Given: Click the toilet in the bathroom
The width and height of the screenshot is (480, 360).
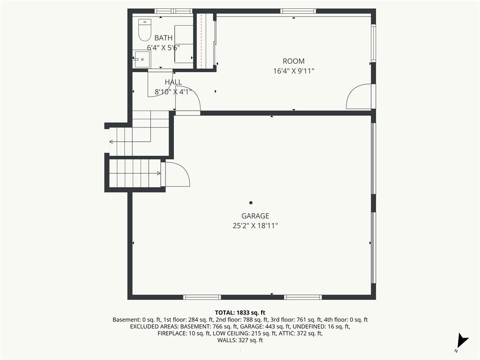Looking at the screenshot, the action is (145, 30).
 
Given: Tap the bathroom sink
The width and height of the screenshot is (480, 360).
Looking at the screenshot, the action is (142, 60).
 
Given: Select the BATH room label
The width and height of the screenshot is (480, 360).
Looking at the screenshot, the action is (164, 38).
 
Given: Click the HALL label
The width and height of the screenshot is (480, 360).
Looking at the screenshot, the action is (173, 82).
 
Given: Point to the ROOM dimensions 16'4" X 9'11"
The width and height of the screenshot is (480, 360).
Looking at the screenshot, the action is (293, 71).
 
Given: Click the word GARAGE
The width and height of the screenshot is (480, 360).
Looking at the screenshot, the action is (255, 216).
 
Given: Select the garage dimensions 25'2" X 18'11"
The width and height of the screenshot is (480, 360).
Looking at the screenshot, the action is (255, 226).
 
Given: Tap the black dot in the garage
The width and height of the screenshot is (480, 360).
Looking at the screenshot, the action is (251, 202).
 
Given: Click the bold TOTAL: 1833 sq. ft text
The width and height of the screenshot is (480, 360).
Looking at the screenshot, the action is (240, 313).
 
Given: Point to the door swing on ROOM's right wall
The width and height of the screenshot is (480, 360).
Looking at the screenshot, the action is (359, 96).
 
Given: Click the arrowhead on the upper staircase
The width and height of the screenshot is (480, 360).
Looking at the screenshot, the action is (111, 142).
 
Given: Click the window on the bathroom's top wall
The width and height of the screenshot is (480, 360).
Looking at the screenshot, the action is (173, 11).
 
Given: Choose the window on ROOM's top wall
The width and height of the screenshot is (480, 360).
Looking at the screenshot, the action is (298, 11).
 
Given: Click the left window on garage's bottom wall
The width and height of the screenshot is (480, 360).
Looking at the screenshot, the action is (202, 297).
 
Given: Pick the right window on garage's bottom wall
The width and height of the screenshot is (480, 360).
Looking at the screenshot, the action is (303, 297).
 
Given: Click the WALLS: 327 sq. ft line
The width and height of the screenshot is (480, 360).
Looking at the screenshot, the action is (240, 340).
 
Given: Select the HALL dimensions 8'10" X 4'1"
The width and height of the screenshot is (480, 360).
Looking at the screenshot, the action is (173, 92).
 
